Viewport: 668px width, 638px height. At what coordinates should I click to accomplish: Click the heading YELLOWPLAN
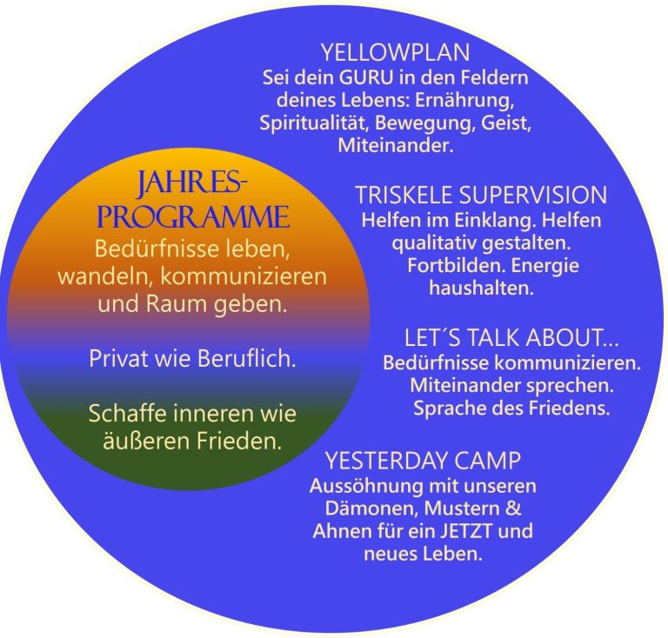[395, 51]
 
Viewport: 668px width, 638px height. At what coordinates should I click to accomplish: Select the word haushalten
[481, 289]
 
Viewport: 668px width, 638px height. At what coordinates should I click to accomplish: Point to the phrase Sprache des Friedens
[511, 406]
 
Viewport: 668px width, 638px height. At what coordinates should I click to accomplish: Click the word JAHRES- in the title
[192, 185]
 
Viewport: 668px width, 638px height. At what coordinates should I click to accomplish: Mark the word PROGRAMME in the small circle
[194, 216]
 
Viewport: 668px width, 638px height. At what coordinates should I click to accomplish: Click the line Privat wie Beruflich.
[192, 358]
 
